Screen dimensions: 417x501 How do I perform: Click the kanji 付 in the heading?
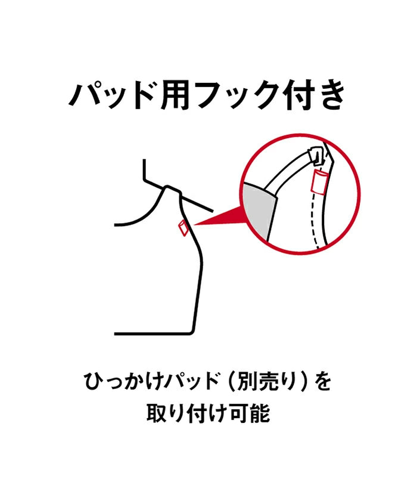297,95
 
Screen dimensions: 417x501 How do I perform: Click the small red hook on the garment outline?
183,228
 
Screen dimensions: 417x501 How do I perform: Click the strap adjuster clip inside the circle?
316,156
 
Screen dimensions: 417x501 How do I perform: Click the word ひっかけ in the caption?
123,381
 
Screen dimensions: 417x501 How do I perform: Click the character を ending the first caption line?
323,381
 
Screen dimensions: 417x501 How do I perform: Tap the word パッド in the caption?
191,381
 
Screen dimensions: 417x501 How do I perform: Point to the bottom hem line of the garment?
154,334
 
